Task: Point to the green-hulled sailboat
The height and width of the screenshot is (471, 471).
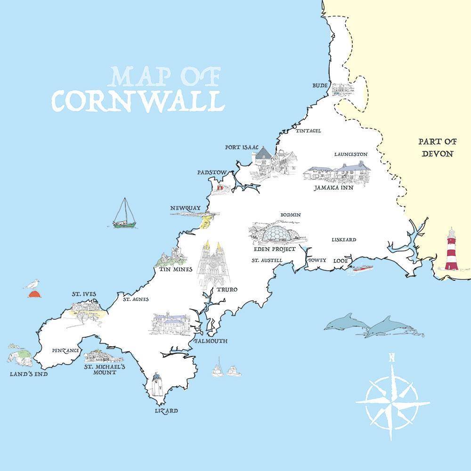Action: (124, 214)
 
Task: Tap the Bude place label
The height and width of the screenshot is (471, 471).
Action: (320, 86)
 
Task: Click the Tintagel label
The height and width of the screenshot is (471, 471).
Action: (308, 130)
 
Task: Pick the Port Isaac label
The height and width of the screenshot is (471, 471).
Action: (242, 147)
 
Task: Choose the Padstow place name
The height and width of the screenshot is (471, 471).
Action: (212, 172)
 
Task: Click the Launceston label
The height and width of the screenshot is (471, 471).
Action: (350, 154)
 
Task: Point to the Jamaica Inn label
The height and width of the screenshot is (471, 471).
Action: (334, 187)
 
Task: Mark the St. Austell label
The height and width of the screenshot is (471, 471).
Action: (267, 260)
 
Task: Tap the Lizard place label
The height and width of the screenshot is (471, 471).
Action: (166, 411)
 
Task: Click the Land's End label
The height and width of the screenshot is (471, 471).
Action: (28, 374)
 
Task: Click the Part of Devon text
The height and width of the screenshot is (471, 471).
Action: (437, 147)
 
